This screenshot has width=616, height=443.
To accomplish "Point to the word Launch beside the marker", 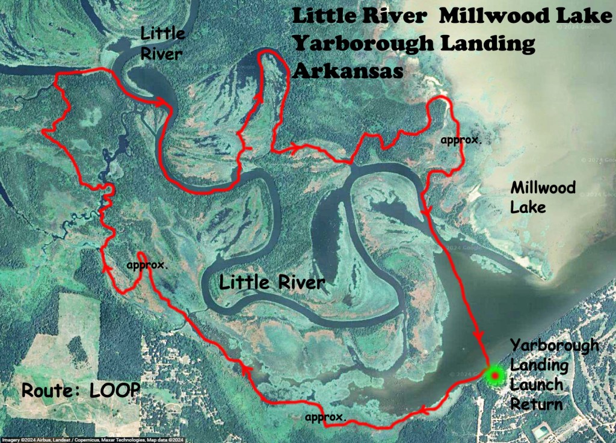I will (x=537, y=385).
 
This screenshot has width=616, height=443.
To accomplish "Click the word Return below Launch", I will (x=536, y=404).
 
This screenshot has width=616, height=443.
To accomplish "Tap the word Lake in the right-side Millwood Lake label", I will (x=528, y=207).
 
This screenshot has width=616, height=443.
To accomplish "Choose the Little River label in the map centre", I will (x=272, y=282).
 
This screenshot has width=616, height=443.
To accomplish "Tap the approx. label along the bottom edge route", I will (x=325, y=417).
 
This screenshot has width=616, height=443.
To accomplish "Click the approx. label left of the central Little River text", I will (x=147, y=265).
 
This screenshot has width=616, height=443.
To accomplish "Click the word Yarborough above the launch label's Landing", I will (x=555, y=345).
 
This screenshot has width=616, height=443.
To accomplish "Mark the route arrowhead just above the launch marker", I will (x=480, y=335).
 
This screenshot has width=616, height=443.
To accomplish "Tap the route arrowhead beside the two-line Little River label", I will (x=162, y=104).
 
